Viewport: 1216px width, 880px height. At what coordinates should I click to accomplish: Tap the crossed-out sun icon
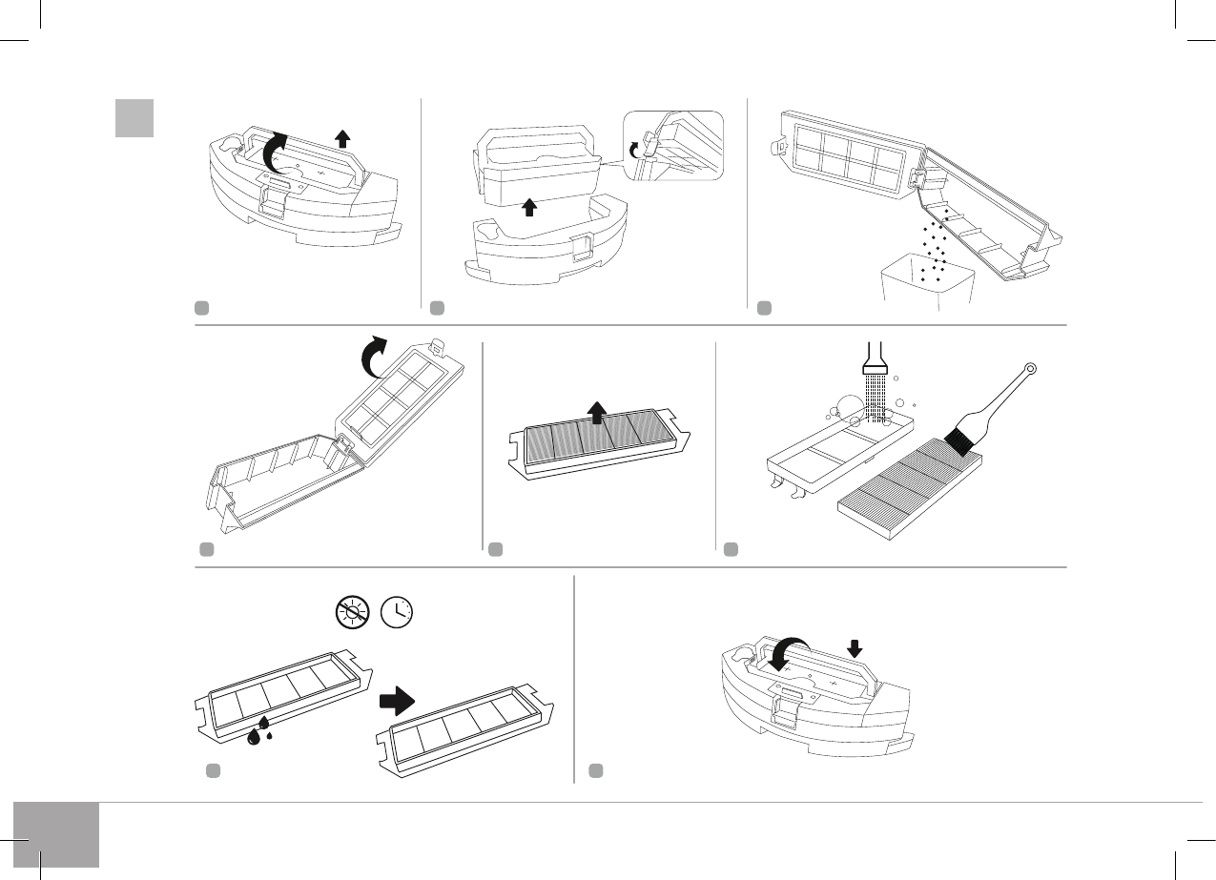pos(351,610)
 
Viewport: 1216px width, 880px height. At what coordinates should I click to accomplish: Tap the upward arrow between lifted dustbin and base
pos(529,207)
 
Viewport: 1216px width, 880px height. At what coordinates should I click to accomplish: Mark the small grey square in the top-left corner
pos(134,118)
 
